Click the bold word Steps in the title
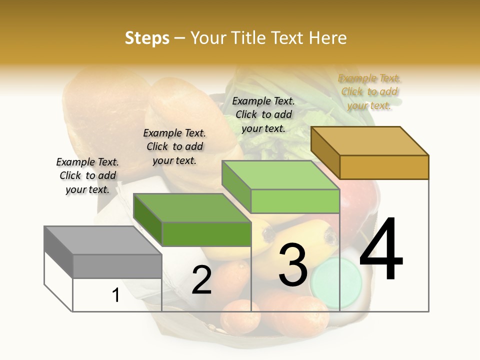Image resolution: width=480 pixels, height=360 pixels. pyautogui.click(x=146, y=38)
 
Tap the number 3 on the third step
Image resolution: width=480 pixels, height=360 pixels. pyautogui.click(x=293, y=265)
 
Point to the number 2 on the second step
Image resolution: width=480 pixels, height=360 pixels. pyautogui.click(x=201, y=280)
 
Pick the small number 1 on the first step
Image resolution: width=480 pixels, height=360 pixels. pyautogui.click(x=115, y=295)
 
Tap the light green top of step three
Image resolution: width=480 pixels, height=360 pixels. pyautogui.click(x=280, y=175)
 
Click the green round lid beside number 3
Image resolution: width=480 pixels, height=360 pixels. pyautogui.click(x=335, y=283)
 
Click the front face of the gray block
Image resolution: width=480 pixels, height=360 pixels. pyautogui.click(x=117, y=266)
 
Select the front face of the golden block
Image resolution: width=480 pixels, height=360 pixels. pyautogui.click(x=384, y=167)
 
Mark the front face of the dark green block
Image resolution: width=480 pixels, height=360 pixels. pyautogui.click(x=206, y=234)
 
